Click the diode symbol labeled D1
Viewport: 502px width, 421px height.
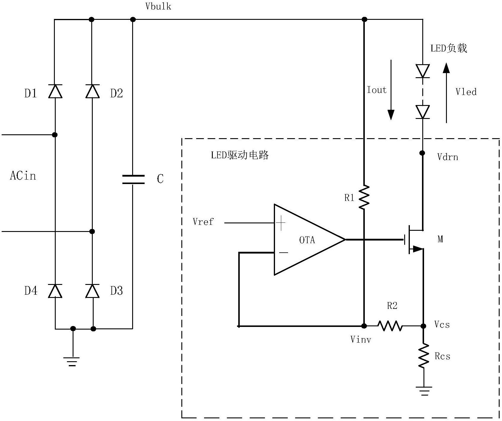click(x=55, y=91)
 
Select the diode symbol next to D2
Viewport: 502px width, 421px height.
click(x=92, y=91)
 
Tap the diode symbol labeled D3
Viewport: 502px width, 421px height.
click(x=92, y=291)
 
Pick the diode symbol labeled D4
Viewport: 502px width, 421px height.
click(x=55, y=291)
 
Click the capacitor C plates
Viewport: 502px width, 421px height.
click(x=133, y=179)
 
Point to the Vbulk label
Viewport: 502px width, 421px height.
click(x=158, y=7)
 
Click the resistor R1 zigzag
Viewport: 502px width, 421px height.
click(x=364, y=197)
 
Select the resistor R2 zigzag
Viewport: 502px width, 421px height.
click(x=390, y=326)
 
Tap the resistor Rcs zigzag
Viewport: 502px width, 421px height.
click(x=424, y=356)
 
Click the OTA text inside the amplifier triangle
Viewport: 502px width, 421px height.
click(x=307, y=240)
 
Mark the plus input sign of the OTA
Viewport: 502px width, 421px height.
click(x=280, y=223)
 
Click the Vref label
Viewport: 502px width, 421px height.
click(x=203, y=222)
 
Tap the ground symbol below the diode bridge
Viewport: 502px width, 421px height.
click(x=72, y=361)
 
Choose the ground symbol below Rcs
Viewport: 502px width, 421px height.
click(x=424, y=391)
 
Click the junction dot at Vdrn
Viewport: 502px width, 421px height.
click(x=422, y=153)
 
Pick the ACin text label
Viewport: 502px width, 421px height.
click(x=23, y=176)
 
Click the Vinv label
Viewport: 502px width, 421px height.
click(x=360, y=339)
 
